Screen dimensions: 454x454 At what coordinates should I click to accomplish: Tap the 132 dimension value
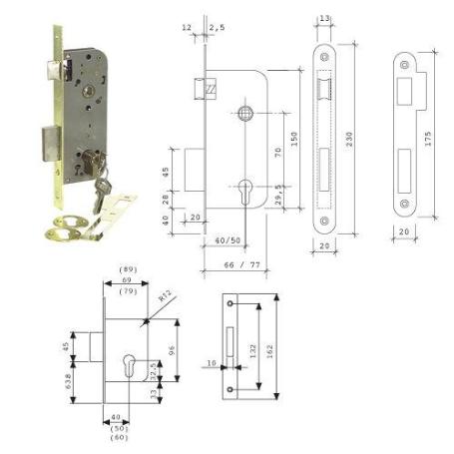tap(255, 352)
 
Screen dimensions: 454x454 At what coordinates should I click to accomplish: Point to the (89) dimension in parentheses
tap(127, 270)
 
